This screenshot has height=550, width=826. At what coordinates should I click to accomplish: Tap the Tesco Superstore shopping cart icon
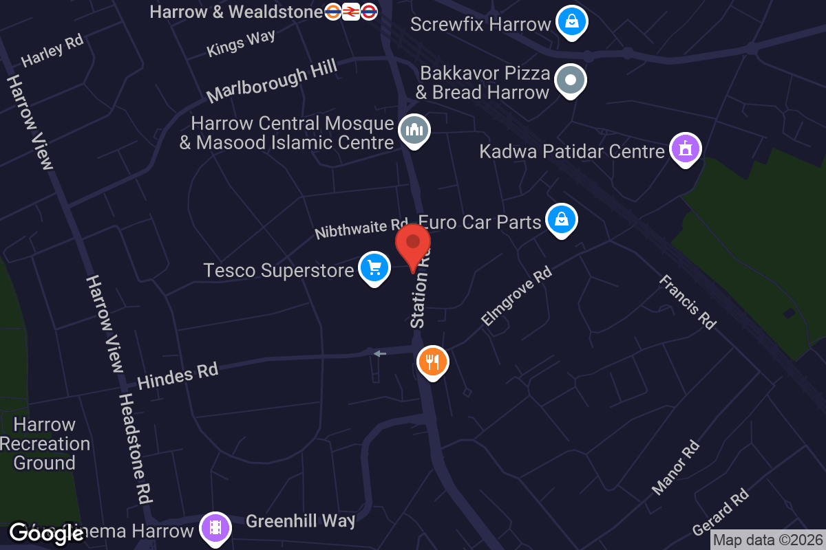coord(374,267)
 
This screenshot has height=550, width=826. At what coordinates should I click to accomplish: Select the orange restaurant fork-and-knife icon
coord(432,361)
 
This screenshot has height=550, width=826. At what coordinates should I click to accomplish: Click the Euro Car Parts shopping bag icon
coord(562,220)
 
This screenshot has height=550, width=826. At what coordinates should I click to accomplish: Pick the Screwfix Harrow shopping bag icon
coord(571,22)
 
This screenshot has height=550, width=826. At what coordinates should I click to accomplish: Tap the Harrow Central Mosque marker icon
coord(414,129)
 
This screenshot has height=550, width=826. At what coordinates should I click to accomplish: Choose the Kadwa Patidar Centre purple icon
coord(685,149)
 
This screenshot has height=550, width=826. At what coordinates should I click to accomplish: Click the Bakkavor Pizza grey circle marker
coord(570,80)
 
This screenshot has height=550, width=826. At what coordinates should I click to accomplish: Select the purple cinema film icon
coord(215,528)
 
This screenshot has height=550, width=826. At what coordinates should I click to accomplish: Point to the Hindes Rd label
coord(178,376)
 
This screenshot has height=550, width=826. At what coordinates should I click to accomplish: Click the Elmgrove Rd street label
coord(516,297)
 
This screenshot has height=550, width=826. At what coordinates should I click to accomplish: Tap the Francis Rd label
coord(688,302)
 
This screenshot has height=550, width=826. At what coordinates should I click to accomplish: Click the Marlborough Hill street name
coord(272,81)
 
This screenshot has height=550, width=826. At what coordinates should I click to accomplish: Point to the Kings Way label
coord(241,43)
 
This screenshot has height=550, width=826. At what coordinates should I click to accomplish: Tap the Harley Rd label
coord(52,50)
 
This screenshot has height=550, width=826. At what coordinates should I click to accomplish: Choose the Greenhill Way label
coord(300,520)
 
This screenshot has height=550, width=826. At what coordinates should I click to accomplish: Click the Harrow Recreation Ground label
coord(45,443)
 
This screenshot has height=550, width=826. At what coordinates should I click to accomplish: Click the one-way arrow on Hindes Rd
coord(379,353)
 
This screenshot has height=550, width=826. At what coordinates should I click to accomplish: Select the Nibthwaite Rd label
coord(361,228)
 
